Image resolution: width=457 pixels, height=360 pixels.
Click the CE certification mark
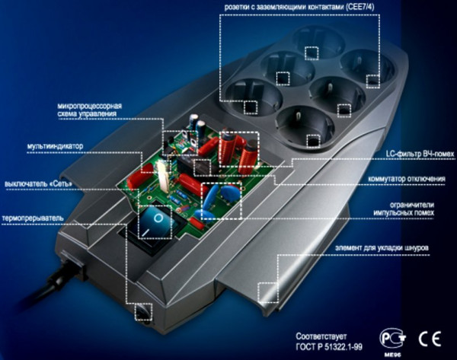[x=430, y=339]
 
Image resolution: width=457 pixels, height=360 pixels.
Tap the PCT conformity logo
[x=392, y=339]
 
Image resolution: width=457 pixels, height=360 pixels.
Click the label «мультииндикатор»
[x=55, y=146]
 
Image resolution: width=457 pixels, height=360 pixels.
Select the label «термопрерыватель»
[x=32, y=218]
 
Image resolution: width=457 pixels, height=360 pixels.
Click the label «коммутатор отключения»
[x=407, y=179]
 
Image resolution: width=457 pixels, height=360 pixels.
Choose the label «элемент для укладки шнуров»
[x=382, y=248]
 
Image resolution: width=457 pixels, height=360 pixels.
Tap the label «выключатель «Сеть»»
[x=38, y=184]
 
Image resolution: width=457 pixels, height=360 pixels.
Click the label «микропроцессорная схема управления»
[x=89, y=110]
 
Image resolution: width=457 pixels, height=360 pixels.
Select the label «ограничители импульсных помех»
[x=404, y=209]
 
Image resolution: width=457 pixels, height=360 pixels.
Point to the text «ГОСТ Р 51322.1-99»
[x=329, y=347]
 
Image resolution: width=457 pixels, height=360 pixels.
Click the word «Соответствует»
[x=321, y=336]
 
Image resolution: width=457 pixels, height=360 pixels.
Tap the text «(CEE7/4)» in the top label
[x=360, y=8]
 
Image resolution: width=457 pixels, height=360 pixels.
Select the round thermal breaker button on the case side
[x=143, y=313]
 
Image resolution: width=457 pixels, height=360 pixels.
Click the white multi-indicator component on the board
[x=163, y=176]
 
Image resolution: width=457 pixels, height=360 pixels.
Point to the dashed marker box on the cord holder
[x=267, y=293]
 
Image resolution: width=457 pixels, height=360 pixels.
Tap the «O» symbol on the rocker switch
[x=158, y=218]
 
